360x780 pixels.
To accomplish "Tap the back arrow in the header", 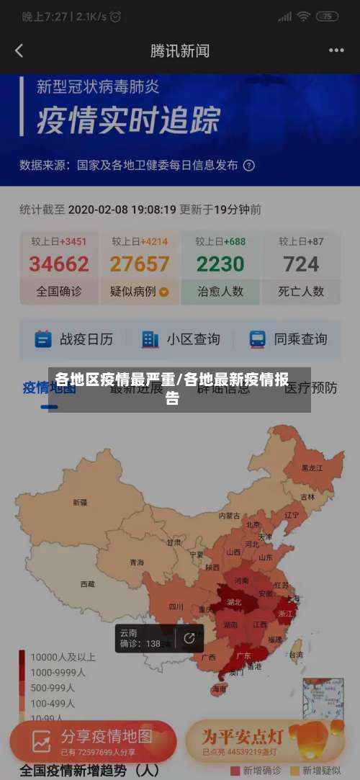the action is tap(19, 50).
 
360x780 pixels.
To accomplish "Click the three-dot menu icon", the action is tap(336, 50).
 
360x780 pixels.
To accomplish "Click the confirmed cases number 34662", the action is tap(59, 264).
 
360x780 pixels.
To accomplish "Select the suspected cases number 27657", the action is tap(140, 264).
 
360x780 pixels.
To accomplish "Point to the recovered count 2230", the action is tap(220, 264).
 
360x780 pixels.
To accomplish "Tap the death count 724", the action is tap(301, 264).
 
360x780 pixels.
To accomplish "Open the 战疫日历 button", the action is tap(74, 339).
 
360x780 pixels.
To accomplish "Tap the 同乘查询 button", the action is tap(288, 339).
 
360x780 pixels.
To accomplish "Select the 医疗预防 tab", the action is tap(310, 388).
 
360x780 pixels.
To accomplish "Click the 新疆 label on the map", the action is tap(78, 502).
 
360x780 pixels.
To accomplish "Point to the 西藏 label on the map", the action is tap(87, 584).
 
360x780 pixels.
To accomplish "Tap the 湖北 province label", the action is tap(234, 601).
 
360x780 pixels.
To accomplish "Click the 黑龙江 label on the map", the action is tap(312, 467).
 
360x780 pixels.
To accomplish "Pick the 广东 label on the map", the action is tap(243, 655).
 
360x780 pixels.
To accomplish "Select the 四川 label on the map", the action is tap(176, 606).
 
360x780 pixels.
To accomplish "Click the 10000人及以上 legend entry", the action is tap(58, 658).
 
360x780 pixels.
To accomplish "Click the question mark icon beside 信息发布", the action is tap(248, 165).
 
